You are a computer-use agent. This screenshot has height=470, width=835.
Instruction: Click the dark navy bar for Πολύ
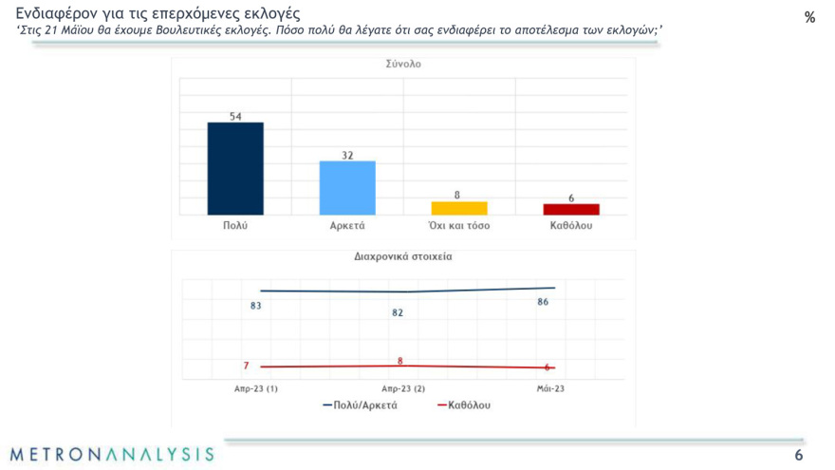(235, 169)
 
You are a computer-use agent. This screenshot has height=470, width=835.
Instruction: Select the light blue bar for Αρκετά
(347, 188)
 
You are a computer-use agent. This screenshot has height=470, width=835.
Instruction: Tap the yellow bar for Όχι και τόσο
(459, 208)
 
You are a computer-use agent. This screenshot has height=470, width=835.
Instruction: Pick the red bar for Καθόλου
(571, 209)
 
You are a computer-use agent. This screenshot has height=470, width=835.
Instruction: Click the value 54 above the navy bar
(235, 116)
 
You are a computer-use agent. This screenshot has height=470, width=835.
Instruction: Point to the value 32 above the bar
(347, 155)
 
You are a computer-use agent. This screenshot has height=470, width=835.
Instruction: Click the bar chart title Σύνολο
(403, 66)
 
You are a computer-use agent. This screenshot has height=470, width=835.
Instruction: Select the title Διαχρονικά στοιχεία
(403, 256)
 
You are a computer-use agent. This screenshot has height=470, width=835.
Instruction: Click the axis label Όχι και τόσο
(459, 227)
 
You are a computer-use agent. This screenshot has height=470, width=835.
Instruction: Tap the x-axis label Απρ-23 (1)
(256, 388)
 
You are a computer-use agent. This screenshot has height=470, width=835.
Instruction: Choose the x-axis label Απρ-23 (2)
(403, 388)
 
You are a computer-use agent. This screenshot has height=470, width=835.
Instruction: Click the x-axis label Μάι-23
(550, 388)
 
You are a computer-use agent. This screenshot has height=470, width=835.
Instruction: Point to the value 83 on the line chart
(256, 306)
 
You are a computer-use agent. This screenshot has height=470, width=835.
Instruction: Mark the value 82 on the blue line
(398, 312)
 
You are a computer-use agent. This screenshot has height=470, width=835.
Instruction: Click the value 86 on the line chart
(543, 302)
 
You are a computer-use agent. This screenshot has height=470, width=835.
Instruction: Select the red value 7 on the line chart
(246, 366)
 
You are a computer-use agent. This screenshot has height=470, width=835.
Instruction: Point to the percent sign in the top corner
(809, 18)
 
